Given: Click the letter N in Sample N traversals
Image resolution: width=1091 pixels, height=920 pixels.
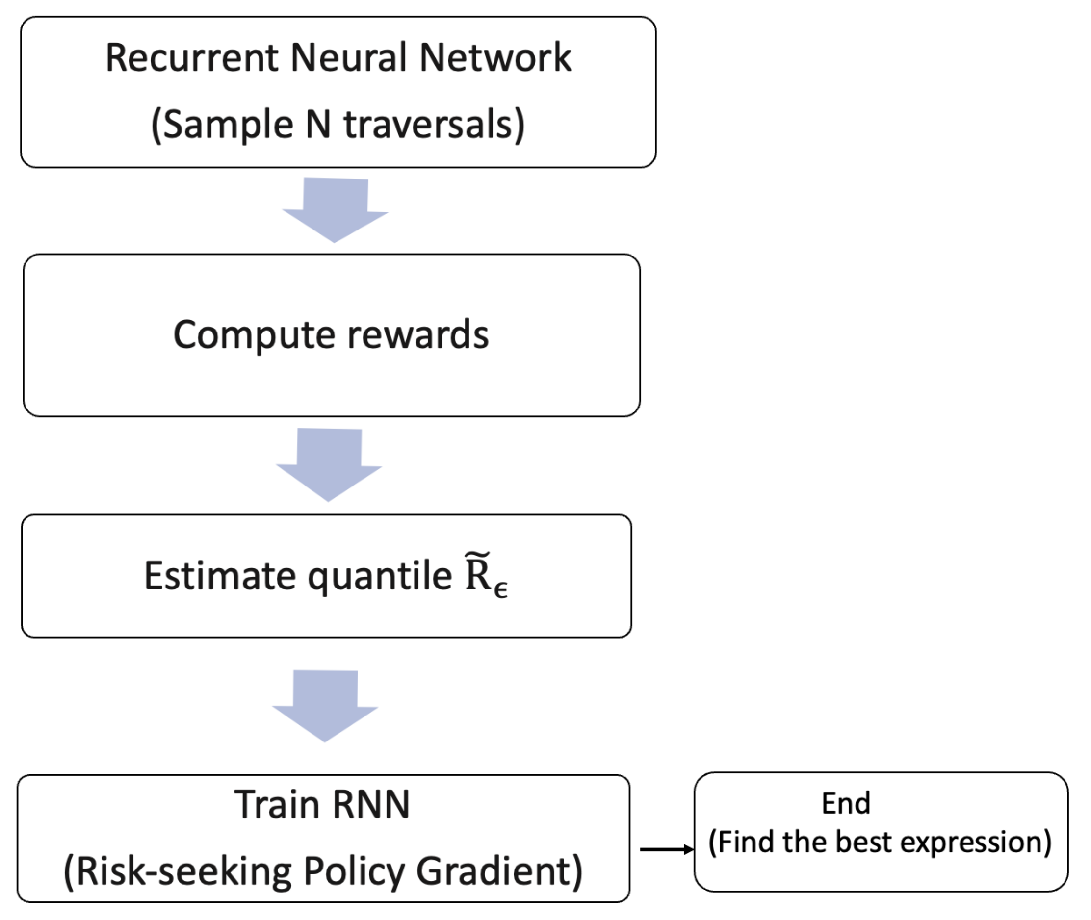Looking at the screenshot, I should (x=318, y=125).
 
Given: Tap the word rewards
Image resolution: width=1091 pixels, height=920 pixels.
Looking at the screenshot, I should (x=418, y=335).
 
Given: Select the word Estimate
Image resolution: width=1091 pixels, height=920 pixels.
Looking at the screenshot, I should (x=219, y=576).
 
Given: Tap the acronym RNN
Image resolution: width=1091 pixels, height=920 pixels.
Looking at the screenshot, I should (x=371, y=805).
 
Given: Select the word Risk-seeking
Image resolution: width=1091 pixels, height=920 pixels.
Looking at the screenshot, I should (x=183, y=871).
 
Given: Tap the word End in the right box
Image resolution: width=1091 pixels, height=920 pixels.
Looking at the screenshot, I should (x=846, y=803).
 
